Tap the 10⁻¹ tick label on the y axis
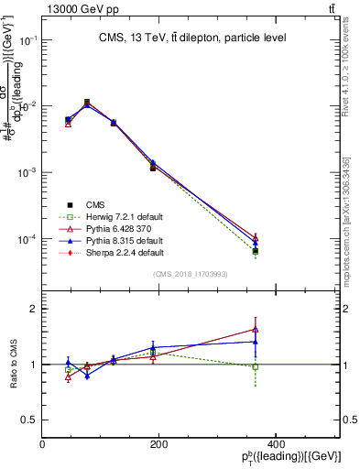click(27, 40)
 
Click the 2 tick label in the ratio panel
click(33, 309)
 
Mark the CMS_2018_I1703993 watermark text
click(191, 276)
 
